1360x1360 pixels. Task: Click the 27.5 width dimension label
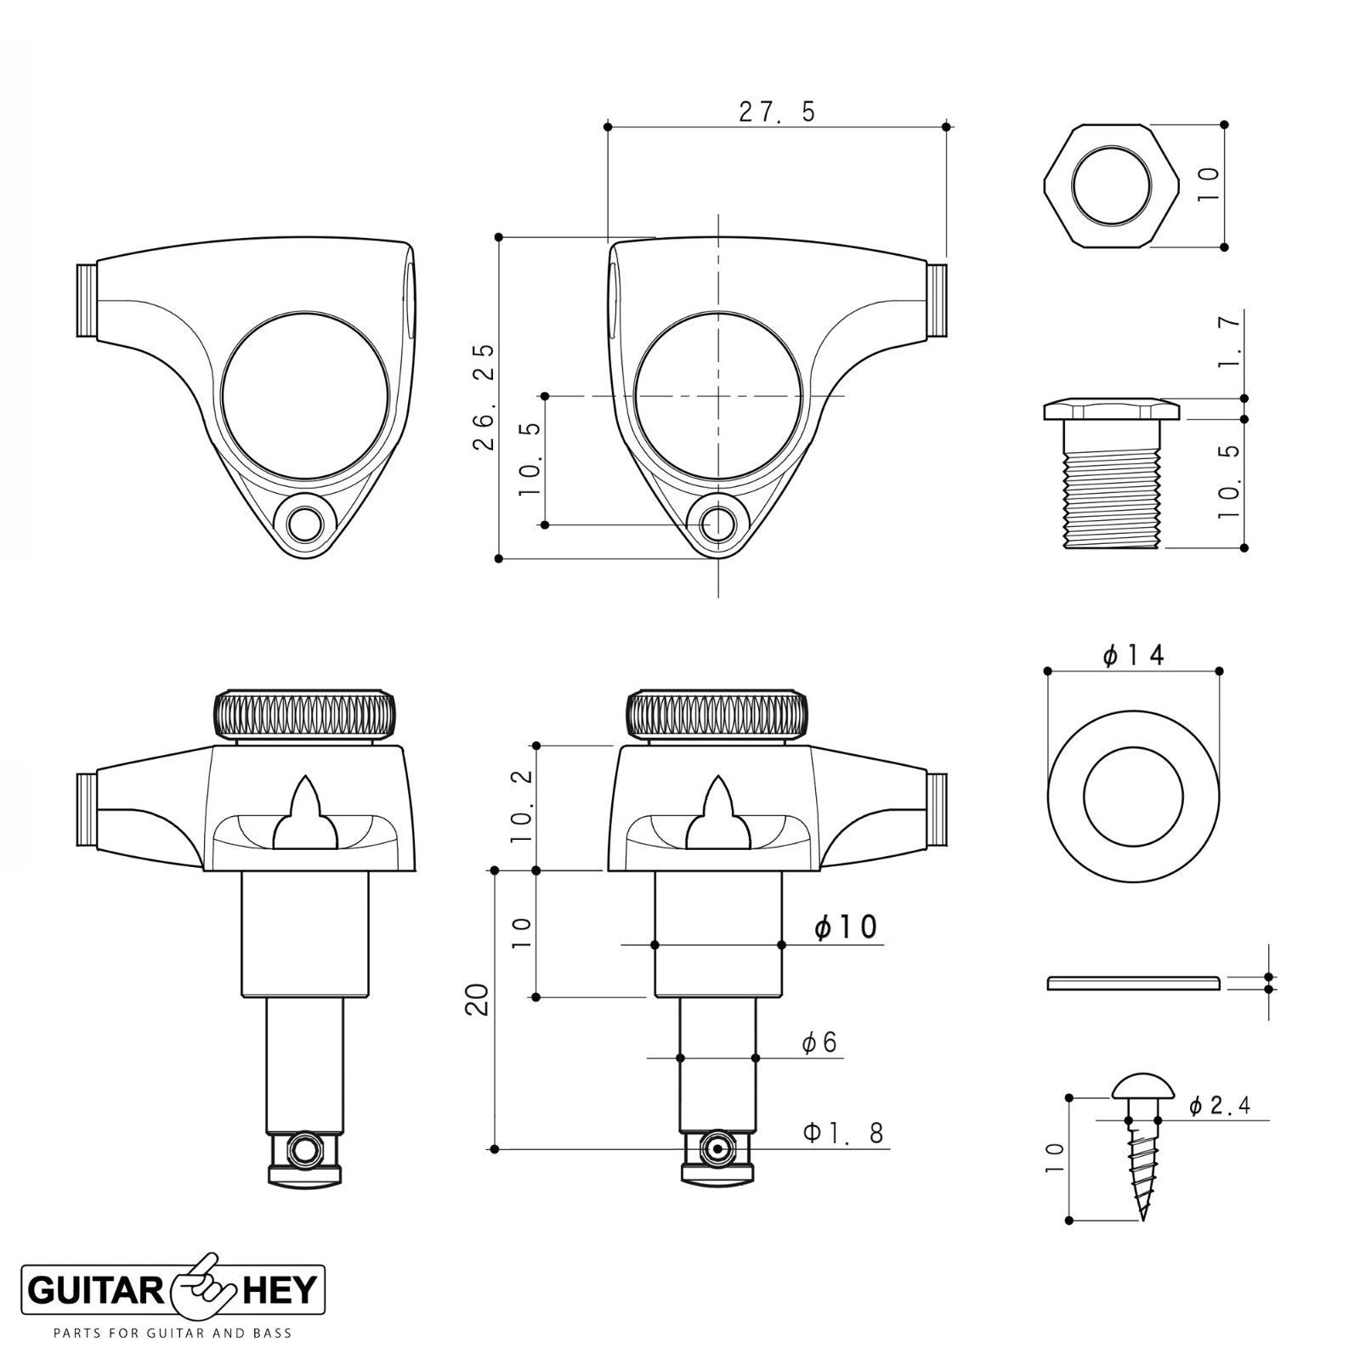pyautogui.click(x=777, y=111)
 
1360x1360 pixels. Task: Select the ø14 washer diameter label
pyautogui.click(x=1133, y=655)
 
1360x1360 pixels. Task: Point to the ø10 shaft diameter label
pyautogui.click(x=845, y=926)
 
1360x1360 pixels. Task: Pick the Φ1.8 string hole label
pyautogui.click(x=844, y=1132)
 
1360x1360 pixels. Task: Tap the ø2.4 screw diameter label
pyautogui.click(x=1220, y=1105)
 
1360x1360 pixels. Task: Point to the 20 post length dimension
pyautogui.click(x=479, y=1000)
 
